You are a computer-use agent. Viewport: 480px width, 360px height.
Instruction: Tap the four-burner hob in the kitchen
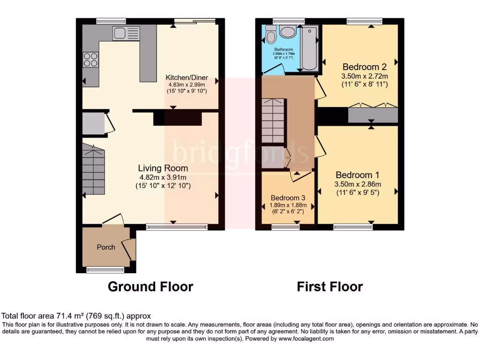(x=90, y=60)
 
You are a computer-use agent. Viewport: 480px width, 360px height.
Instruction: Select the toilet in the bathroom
(x=270, y=34)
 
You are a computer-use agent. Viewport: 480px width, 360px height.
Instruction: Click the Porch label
(x=106, y=247)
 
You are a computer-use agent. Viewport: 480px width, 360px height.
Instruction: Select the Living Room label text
(x=163, y=168)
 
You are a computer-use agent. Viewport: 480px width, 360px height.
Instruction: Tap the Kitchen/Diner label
(x=187, y=78)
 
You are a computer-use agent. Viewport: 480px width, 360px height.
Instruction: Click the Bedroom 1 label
(x=358, y=174)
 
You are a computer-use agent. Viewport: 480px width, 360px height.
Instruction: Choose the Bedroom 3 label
(x=288, y=197)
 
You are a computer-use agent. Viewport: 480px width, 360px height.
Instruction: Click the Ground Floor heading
(x=150, y=286)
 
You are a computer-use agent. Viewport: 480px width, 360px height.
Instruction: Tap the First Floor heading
(x=330, y=286)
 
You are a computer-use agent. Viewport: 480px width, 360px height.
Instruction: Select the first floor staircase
(x=273, y=120)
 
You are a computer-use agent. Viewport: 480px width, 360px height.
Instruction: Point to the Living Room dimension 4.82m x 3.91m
(x=163, y=177)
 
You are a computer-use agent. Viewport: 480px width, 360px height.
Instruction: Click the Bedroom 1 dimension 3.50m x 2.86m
(x=358, y=184)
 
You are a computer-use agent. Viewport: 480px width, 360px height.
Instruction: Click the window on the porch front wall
(x=105, y=270)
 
